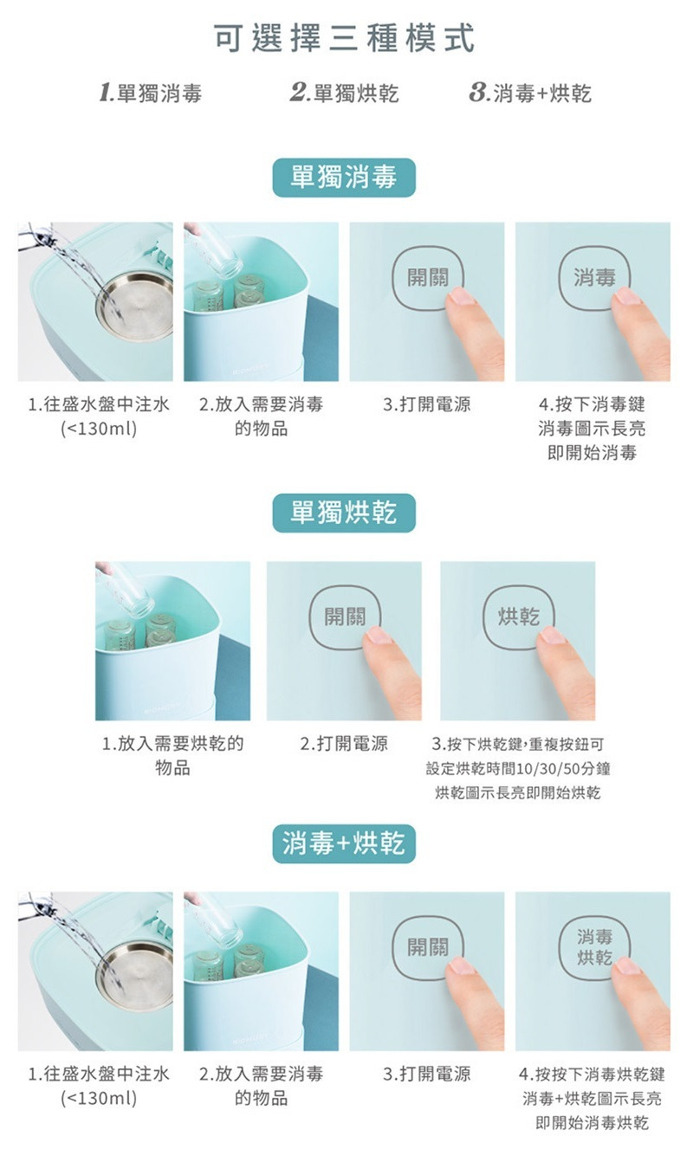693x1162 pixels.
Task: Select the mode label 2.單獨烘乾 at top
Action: [344, 94]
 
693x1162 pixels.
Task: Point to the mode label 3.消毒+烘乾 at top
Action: [530, 94]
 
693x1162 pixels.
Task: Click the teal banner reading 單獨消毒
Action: [344, 178]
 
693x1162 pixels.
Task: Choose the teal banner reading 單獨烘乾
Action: [344, 513]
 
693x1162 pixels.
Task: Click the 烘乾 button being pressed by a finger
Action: [518, 617]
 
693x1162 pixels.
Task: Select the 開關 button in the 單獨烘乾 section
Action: [344, 617]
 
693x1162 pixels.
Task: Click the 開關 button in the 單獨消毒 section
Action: [428, 277]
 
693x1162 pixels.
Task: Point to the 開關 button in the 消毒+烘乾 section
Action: [428, 947]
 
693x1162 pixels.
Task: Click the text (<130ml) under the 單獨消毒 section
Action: [99, 429]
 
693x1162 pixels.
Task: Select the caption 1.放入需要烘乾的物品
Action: [172, 755]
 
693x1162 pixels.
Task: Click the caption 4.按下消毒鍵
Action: [592, 404]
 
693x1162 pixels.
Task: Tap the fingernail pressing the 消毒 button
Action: [626, 297]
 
